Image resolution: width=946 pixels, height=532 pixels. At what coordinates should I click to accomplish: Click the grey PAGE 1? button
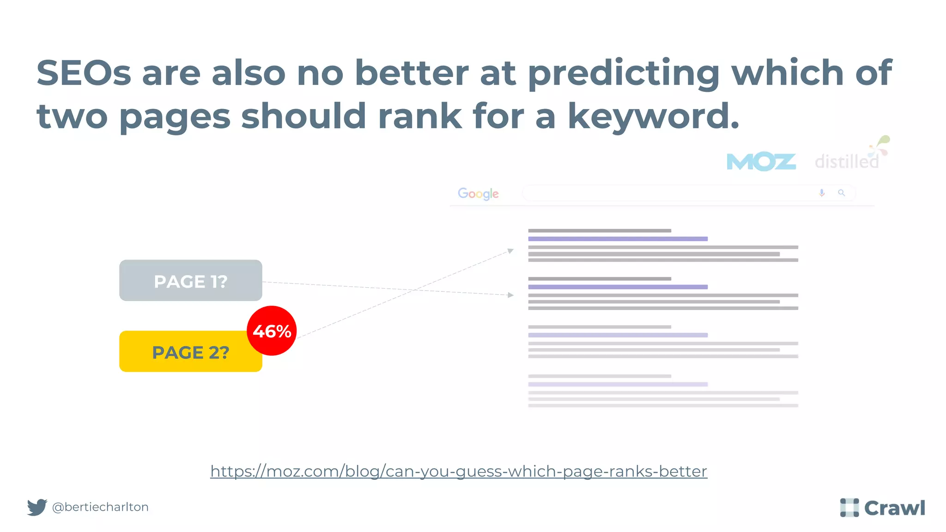190,280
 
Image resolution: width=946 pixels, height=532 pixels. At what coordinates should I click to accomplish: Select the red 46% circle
272,331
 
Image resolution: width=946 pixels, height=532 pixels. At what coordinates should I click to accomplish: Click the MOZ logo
761,162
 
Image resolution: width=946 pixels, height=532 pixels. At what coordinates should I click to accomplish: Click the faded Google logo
478,193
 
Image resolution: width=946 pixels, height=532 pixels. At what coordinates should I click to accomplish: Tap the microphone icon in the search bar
822,193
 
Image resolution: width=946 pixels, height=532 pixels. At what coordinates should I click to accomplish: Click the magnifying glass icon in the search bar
842,193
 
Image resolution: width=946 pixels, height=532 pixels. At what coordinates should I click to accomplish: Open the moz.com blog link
459,471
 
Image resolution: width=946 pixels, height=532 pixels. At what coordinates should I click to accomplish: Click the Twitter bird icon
37,507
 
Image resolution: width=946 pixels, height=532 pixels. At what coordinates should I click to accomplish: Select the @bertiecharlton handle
100,507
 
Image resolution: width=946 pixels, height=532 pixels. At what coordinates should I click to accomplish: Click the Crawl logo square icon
849,508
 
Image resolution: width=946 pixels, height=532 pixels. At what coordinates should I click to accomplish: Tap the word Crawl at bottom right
895,508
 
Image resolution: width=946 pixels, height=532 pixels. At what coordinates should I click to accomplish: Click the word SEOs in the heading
84,73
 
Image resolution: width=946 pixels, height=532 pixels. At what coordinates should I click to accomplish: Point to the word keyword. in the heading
653,116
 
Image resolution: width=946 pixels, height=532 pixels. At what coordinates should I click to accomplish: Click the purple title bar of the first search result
618,239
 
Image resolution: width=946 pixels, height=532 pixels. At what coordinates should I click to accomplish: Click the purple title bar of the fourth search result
618,384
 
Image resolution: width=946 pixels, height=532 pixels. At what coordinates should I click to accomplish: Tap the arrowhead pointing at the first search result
510,251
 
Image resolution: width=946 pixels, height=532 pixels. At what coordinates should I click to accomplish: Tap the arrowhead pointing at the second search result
510,295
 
